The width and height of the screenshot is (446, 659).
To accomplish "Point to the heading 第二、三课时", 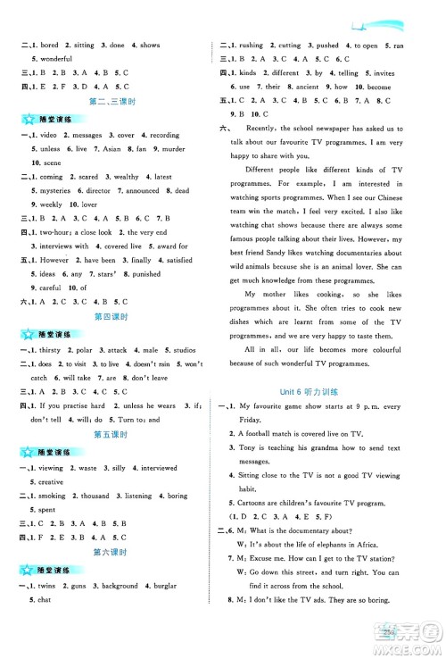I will click(111, 103).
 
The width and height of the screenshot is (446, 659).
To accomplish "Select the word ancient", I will click(301, 87).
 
